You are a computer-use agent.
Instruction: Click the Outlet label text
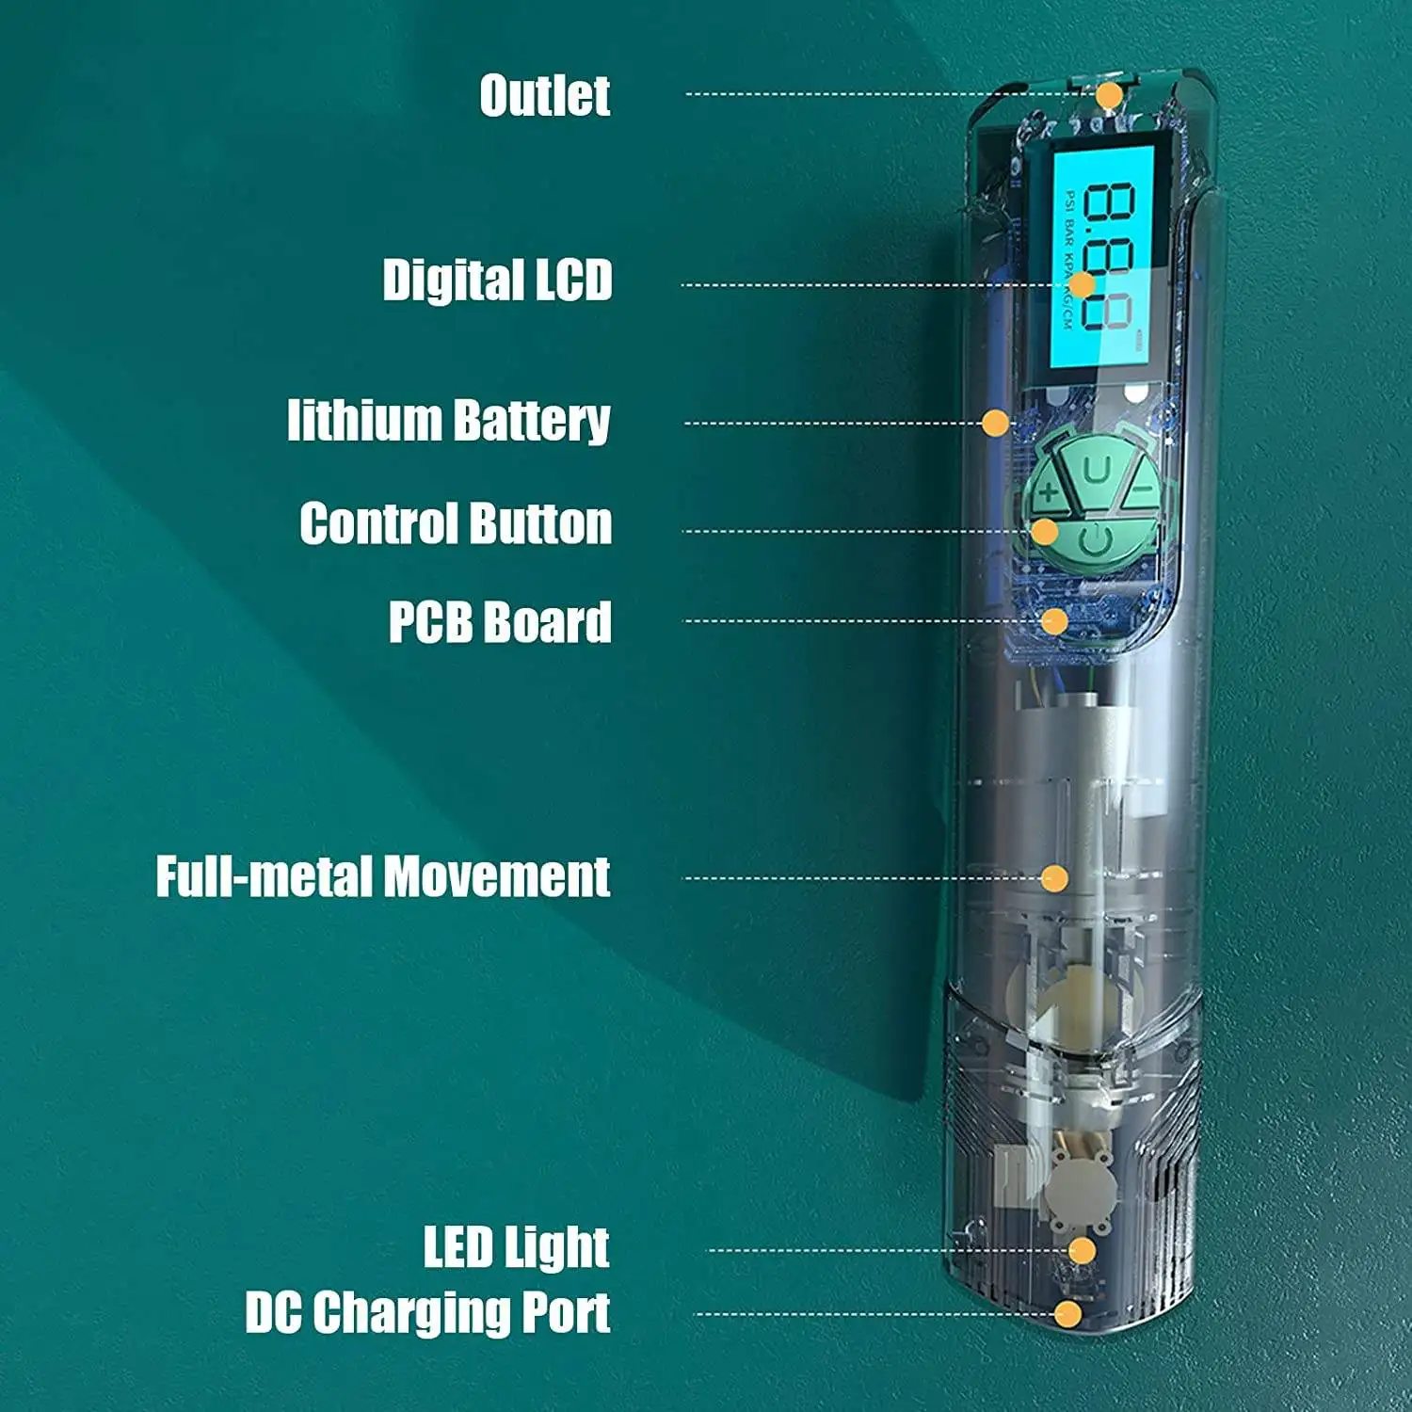click(x=545, y=95)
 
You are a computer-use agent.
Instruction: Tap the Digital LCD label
click(x=497, y=281)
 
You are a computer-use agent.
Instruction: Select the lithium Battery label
click(x=449, y=420)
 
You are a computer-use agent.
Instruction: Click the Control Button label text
click(x=456, y=523)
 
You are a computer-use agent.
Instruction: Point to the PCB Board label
click(x=500, y=622)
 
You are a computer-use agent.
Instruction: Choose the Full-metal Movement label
click(x=383, y=877)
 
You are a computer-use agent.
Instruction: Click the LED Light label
click(x=516, y=1247)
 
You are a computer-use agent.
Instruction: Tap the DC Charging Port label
click(x=427, y=1312)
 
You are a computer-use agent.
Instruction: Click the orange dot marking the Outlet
click(x=1109, y=95)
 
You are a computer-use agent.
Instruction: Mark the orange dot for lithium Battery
click(x=995, y=423)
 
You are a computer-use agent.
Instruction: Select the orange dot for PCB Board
click(x=1055, y=621)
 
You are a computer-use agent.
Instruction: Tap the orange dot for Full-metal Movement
click(x=1054, y=879)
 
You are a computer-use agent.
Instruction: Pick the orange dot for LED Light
click(x=1083, y=1251)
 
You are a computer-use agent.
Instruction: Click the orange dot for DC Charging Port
click(x=1067, y=1314)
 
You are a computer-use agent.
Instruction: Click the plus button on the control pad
click(x=1048, y=490)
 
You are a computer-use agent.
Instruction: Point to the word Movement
click(x=497, y=877)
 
